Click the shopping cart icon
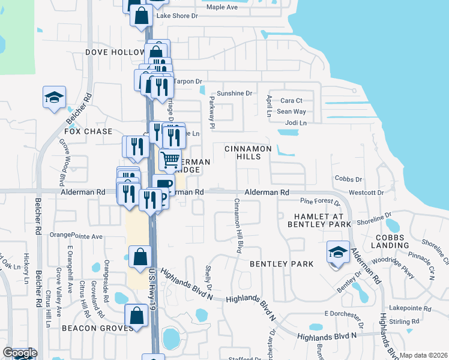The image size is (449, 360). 170,160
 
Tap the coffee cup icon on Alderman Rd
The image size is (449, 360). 163,185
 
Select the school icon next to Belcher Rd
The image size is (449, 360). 54,97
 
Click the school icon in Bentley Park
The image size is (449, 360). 338,252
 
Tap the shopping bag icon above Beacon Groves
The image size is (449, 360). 136,316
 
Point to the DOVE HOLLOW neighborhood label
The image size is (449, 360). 115,53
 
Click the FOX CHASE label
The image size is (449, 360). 88,131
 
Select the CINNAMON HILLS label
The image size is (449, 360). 249,152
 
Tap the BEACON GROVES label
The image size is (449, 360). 97,328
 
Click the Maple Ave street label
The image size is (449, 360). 222,7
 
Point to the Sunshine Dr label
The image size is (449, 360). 234,94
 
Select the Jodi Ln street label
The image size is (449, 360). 296,123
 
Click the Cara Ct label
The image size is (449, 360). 291,101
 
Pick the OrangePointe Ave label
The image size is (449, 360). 76,236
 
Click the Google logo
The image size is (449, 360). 20,353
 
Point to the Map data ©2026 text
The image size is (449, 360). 423,355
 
